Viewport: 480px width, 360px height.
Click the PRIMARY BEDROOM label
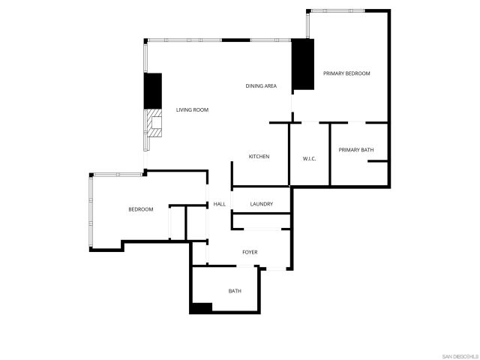pos(346,73)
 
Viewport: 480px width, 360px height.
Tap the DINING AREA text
pos(261,86)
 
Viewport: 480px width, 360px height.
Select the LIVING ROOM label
pos(192,110)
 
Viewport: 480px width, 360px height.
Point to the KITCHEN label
pos(259,156)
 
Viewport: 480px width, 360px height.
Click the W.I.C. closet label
pos(309,158)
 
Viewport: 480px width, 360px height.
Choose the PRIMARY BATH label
pos(355,150)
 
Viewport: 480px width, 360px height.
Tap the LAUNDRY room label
pos(261,204)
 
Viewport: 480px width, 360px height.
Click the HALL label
pos(220,204)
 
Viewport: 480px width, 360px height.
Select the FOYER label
pos(250,252)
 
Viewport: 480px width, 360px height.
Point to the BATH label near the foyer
pos(235,291)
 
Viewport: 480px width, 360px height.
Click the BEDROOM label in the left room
pos(140,209)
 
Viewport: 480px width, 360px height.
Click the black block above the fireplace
pos(153,90)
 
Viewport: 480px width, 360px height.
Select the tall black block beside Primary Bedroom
pos(302,64)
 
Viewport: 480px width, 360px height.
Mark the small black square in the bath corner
pos(201,307)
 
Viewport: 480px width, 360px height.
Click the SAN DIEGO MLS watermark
pos(459,354)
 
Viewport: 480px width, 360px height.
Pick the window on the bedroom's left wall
pos(90,211)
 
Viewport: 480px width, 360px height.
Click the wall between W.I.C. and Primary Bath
pos(330,154)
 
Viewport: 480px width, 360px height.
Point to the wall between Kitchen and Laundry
pos(260,187)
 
